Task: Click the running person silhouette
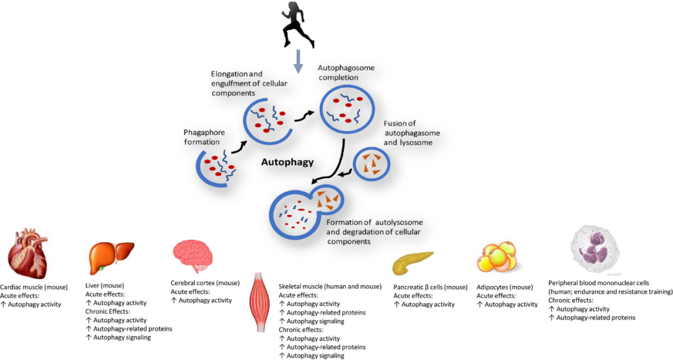pyautogui.click(x=296, y=24)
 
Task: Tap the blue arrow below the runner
pyautogui.click(x=298, y=60)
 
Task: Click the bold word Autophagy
pyautogui.click(x=287, y=163)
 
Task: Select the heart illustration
pyautogui.click(x=27, y=254)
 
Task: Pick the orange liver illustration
pyautogui.click(x=111, y=255)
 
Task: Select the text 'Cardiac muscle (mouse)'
pyautogui.click(x=41, y=287)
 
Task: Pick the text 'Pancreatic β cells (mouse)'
pyautogui.click(x=431, y=287)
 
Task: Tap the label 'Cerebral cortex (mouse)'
pyautogui.click(x=206, y=283)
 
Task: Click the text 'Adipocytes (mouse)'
pyautogui.click(x=505, y=287)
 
